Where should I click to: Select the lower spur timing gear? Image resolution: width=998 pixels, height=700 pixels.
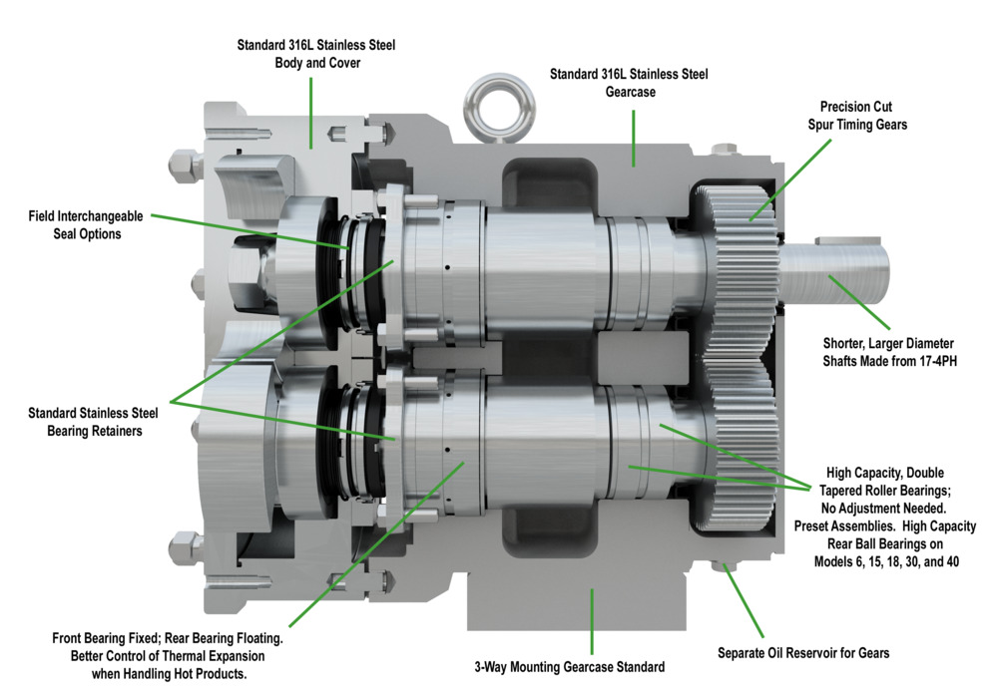(744, 439)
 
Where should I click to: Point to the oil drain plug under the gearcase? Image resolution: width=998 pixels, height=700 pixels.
(726, 568)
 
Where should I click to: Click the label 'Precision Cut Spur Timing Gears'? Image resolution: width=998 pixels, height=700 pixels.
(863, 115)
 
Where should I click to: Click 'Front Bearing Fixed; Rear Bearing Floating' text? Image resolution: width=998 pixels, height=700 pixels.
(169, 638)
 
